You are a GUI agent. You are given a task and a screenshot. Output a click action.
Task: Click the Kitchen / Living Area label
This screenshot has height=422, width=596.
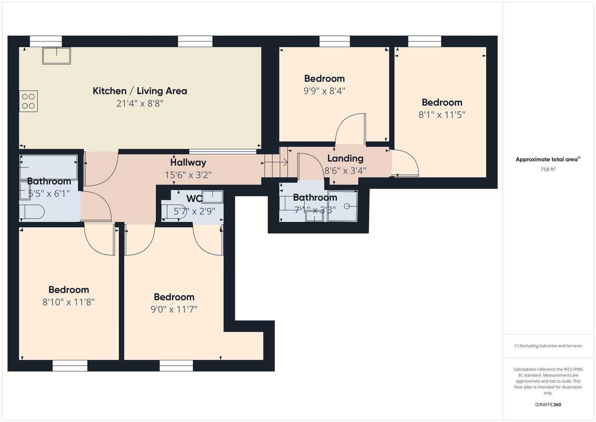[140, 91]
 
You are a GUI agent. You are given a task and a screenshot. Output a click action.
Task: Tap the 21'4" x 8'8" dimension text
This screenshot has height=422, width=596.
[140, 104]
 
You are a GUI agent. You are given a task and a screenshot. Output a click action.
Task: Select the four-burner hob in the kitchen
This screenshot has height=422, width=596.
[28, 101]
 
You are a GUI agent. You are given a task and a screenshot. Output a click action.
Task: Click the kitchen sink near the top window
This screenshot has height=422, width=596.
[57, 56]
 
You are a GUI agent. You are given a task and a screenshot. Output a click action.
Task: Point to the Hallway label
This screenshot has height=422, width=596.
[188, 163]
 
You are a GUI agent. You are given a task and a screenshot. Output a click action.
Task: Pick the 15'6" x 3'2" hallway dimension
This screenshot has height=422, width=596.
[188, 175]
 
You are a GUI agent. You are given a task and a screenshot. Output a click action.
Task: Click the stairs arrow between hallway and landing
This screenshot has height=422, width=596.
[276, 162]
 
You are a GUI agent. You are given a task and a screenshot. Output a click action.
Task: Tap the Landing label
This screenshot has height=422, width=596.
[345, 159]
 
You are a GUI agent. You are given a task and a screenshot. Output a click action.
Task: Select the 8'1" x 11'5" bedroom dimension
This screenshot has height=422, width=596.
[442, 115]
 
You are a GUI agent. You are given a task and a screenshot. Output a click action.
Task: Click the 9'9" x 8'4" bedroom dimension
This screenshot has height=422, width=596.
[324, 91]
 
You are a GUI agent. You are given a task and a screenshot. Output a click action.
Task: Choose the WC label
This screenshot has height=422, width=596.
[194, 198]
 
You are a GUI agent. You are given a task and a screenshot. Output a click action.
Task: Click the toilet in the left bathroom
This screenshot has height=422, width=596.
[32, 212]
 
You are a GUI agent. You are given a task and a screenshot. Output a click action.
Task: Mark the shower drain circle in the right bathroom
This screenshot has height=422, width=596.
[347, 206]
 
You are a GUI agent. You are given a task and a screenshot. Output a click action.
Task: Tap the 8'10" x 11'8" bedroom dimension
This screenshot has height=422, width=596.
[69, 302]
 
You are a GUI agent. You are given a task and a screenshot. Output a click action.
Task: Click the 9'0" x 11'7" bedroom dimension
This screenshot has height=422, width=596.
[174, 309]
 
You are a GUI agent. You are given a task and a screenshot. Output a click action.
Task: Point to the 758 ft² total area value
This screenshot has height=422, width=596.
[548, 170]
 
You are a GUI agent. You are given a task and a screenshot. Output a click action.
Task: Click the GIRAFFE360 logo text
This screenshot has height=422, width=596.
[548, 405]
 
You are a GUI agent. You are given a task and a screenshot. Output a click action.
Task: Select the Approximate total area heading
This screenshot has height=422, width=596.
[548, 159]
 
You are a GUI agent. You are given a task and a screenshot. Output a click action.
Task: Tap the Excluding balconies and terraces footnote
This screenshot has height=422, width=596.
[548, 346]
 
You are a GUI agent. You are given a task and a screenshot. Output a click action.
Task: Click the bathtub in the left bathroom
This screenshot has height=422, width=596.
[48, 167]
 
